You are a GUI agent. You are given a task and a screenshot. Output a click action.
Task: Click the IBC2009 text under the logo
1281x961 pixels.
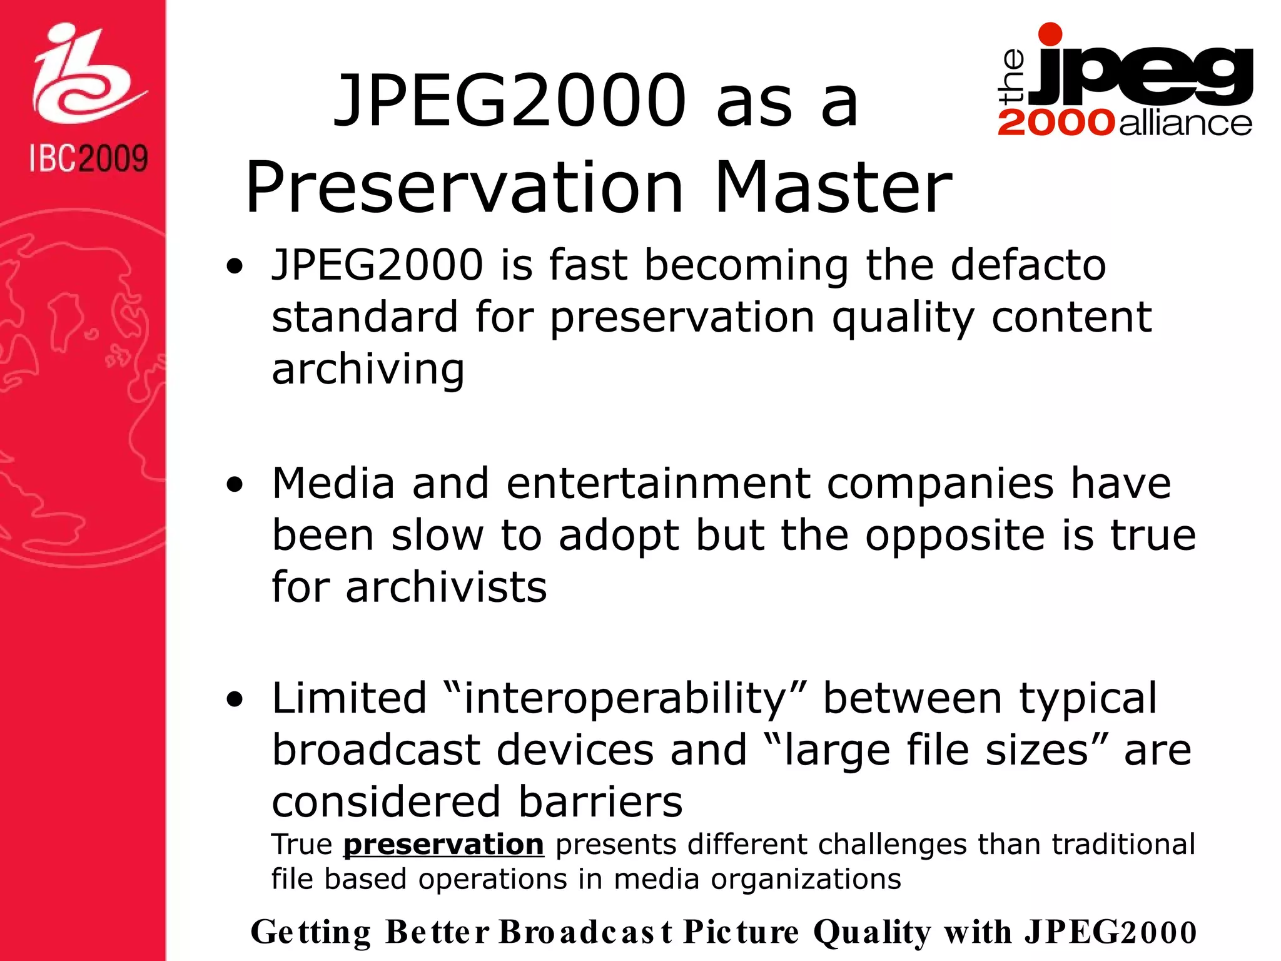88,158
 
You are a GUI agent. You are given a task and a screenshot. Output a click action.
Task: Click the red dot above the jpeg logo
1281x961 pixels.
1050,34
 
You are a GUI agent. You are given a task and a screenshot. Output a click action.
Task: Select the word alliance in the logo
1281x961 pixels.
1185,123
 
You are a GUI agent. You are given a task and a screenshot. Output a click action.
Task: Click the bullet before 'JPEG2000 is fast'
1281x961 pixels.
235,268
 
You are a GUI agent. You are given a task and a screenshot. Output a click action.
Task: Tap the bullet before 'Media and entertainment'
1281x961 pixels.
235,486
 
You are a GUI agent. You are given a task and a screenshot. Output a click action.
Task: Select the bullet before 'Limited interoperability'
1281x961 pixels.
235,701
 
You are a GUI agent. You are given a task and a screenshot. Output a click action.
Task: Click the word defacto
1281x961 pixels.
1028,265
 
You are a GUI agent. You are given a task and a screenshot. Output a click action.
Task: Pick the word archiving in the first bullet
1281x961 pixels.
368,370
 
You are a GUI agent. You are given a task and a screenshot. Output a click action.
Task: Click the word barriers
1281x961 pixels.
600,802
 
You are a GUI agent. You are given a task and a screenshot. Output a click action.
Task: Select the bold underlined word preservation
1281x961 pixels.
443,845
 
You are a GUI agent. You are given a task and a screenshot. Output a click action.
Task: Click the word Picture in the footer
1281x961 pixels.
741,932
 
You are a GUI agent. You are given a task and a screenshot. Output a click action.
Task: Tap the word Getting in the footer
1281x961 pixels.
310,932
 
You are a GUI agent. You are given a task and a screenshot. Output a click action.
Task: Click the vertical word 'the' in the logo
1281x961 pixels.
1012,76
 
